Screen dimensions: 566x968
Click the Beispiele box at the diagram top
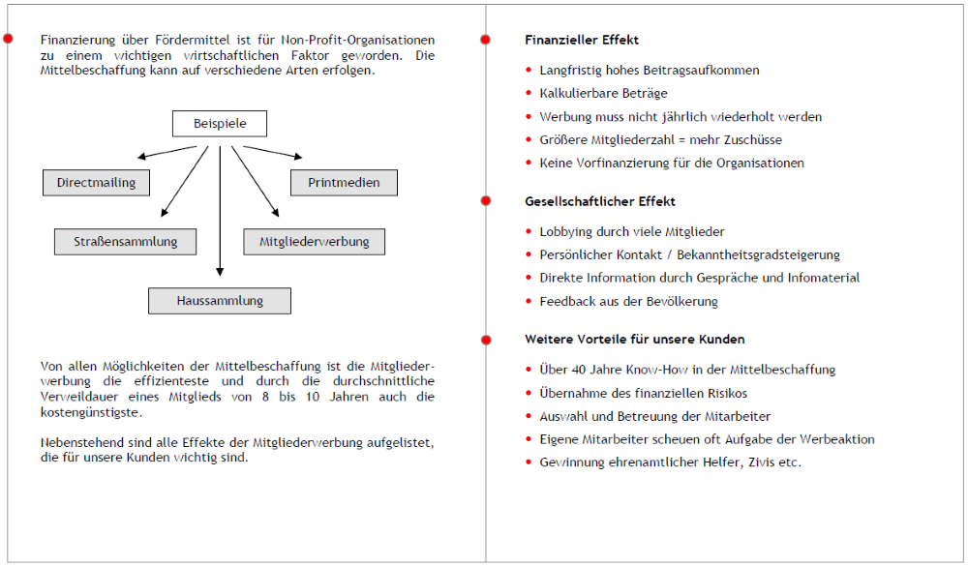220,124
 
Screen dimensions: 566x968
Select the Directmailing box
96,182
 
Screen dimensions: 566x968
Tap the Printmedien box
344,182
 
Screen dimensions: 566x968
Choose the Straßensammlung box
124,241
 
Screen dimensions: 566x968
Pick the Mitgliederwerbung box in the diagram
314,241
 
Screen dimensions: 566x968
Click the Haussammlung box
220,301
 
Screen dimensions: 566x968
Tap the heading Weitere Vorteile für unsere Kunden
634,340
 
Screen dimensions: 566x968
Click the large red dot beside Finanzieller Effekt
486,40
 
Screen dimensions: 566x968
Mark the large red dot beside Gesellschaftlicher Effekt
486,200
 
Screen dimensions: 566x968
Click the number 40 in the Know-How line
577,370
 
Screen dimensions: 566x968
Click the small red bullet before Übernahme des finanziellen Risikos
529,393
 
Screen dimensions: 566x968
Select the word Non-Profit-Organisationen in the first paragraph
357,40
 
